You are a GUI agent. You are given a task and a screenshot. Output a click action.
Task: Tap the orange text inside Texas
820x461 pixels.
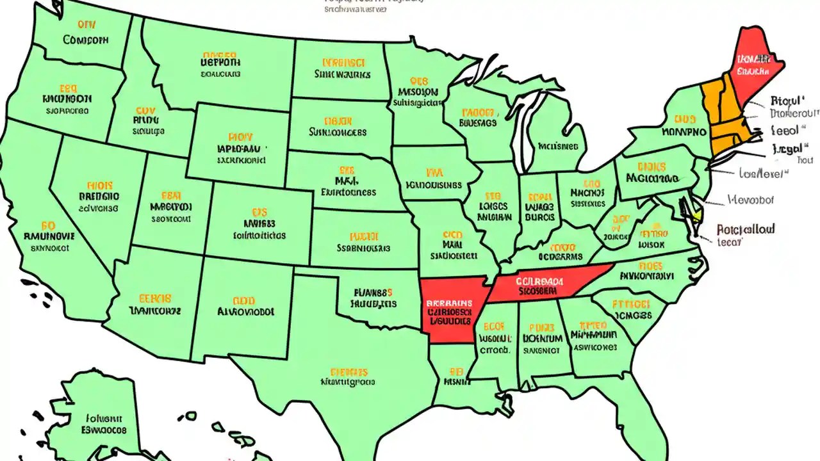tap(349, 371)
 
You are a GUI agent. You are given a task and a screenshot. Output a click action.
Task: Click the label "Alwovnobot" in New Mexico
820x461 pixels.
tap(245, 311)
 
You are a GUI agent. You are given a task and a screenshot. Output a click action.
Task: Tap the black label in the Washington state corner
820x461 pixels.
tap(86, 40)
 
